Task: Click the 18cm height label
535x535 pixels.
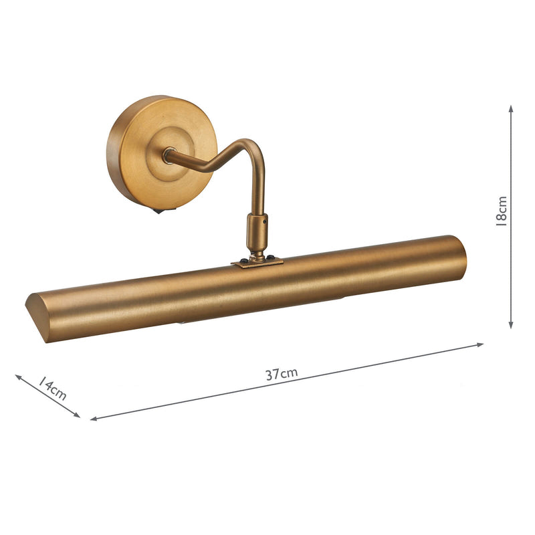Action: (x=502, y=211)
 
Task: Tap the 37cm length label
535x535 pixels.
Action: (x=281, y=374)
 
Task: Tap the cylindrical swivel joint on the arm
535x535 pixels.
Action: (x=257, y=229)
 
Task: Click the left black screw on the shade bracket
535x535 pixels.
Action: (x=244, y=259)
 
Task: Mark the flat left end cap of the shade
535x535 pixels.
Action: (x=37, y=317)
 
